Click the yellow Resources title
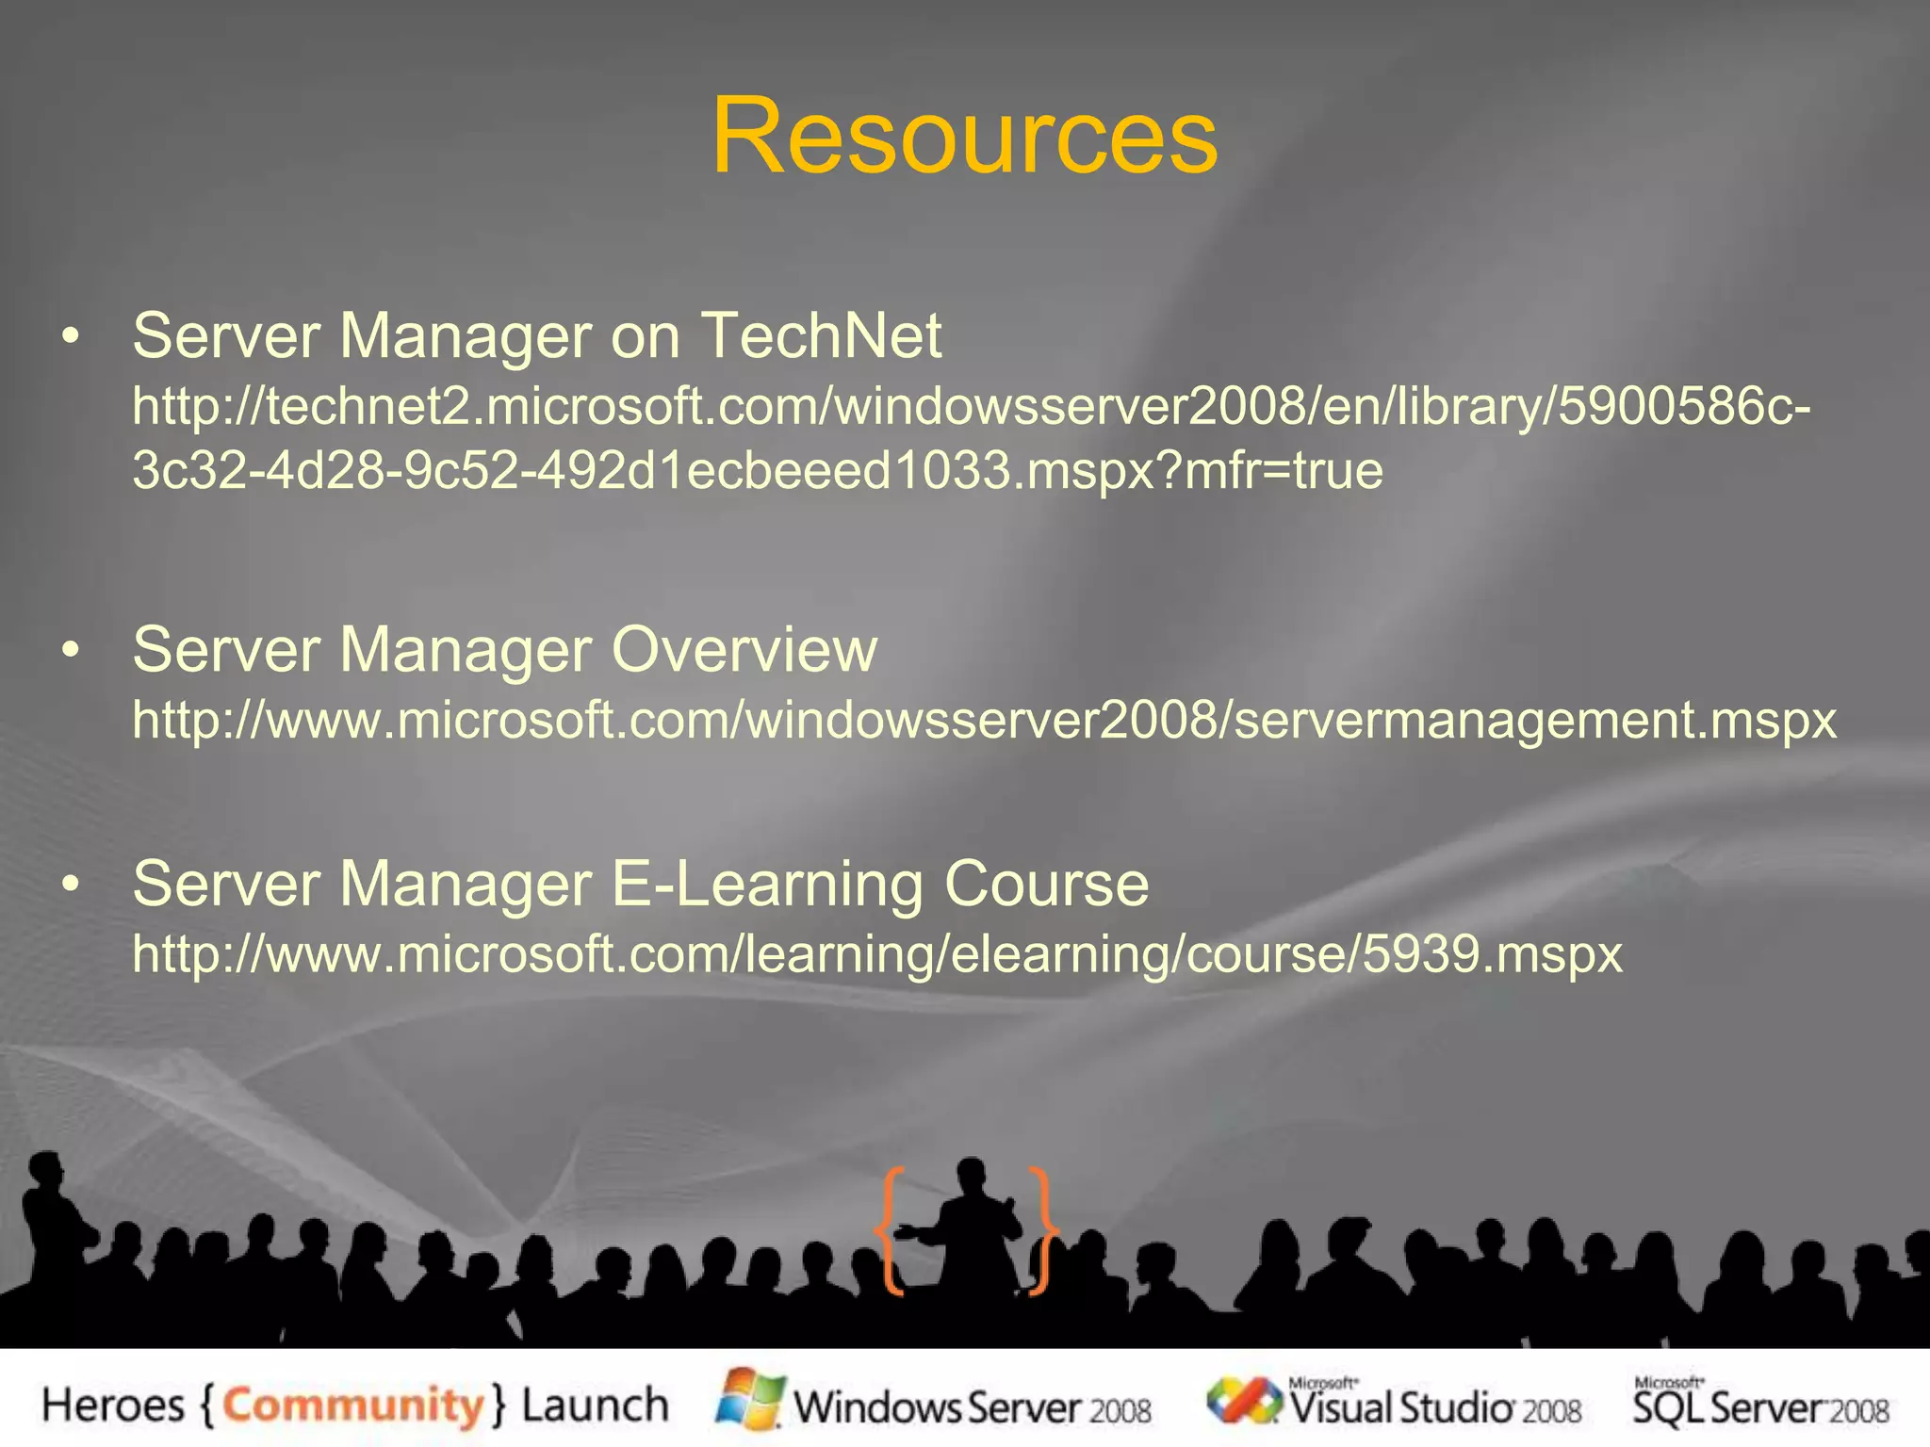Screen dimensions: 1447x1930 [x=964, y=137]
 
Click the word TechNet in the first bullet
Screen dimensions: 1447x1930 [x=820, y=335]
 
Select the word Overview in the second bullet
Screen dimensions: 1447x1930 [x=744, y=649]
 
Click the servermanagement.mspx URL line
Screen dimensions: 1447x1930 [x=984, y=721]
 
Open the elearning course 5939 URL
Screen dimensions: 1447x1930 [x=876, y=954]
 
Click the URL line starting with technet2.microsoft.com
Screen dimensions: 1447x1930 [x=971, y=407]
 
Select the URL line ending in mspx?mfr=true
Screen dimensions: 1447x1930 [x=758, y=470]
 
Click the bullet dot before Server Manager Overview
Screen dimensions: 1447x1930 [x=70, y=650]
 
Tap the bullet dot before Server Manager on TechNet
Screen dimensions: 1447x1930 [x=70, y=336]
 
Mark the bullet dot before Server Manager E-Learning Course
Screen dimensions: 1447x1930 [x=70, y=885]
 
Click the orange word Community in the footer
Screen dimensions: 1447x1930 [x=352, y=1406]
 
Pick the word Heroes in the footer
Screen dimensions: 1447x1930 [x=113, y=1406]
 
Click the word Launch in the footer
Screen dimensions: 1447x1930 [x=596, y=1406]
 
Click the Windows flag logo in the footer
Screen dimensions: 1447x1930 [x=750, y=1399]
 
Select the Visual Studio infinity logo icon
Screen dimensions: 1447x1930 [x=1244, y=1401]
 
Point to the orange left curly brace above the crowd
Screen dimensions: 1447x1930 [x=891, y=1229]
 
